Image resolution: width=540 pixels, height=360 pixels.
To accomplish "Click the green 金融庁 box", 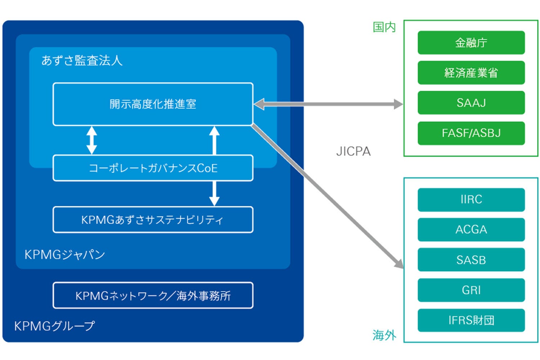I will (471, 43).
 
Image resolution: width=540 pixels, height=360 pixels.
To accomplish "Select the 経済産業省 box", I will (471, 73).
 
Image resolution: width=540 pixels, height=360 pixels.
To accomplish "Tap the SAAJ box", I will (471, 103).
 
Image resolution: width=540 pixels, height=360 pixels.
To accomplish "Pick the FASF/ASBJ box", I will (471, 133).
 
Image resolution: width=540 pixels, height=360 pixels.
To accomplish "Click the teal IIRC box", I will (471, 199).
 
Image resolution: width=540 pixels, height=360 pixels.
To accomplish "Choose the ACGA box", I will (471, 230).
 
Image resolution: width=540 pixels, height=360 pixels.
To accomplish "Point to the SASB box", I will (471, 260).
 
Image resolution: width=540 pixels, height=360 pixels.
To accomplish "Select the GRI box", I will (471, 290).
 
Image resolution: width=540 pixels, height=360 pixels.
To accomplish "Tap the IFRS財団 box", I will (471, 320).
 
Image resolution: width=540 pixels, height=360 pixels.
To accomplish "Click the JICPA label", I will (353, 152).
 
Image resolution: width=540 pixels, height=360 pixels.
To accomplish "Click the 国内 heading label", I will (384, 27).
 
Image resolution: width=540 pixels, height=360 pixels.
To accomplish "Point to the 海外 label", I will (384, 335).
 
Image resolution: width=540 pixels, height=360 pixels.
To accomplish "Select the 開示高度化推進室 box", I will (153, 104).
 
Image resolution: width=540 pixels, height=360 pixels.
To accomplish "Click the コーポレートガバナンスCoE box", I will (153, 168).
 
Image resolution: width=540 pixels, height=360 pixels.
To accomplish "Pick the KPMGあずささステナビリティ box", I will (153, 220).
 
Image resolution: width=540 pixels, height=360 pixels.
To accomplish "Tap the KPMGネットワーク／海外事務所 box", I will (153, 296).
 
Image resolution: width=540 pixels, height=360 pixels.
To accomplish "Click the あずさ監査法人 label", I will (82, 60).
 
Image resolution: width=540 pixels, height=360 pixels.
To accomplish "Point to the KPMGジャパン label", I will (65, 255).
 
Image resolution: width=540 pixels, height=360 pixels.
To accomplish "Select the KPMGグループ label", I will (55, 326).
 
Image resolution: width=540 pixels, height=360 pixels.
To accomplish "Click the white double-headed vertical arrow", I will (92, 140).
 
